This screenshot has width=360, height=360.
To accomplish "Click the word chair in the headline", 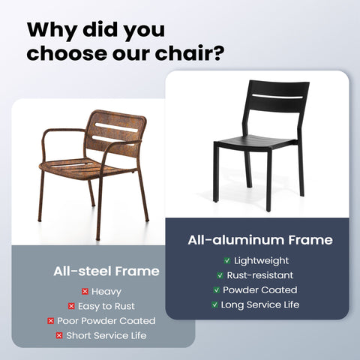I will pyautogui.click(x=181, y=55).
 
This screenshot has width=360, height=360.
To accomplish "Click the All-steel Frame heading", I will pyautogui.click(x=106, y=271).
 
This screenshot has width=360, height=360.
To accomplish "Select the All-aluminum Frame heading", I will pyautogui.click(x=259, y=240).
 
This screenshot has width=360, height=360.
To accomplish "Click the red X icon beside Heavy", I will pyautogui.click(x=85, y=291).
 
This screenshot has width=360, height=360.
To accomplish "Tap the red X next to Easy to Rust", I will pyautogui.click(x=71, y=306).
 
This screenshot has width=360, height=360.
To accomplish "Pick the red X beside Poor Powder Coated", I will pyautogui.click(x=50, y=321).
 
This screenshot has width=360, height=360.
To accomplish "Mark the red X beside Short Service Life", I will pyautogui.click(x=58, y=335).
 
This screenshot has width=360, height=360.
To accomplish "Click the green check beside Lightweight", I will pyautogui.click(x=226, y=260).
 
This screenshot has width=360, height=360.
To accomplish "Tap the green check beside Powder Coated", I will pyautogui.click(x=217, y=290).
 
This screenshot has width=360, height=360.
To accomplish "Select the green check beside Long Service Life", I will pyautogui.click(x=214, y=305).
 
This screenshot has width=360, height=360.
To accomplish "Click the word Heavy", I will pyautogui.click(x=107, y=291).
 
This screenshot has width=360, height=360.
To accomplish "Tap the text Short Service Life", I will pyautogui.click(x=106, y=335).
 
